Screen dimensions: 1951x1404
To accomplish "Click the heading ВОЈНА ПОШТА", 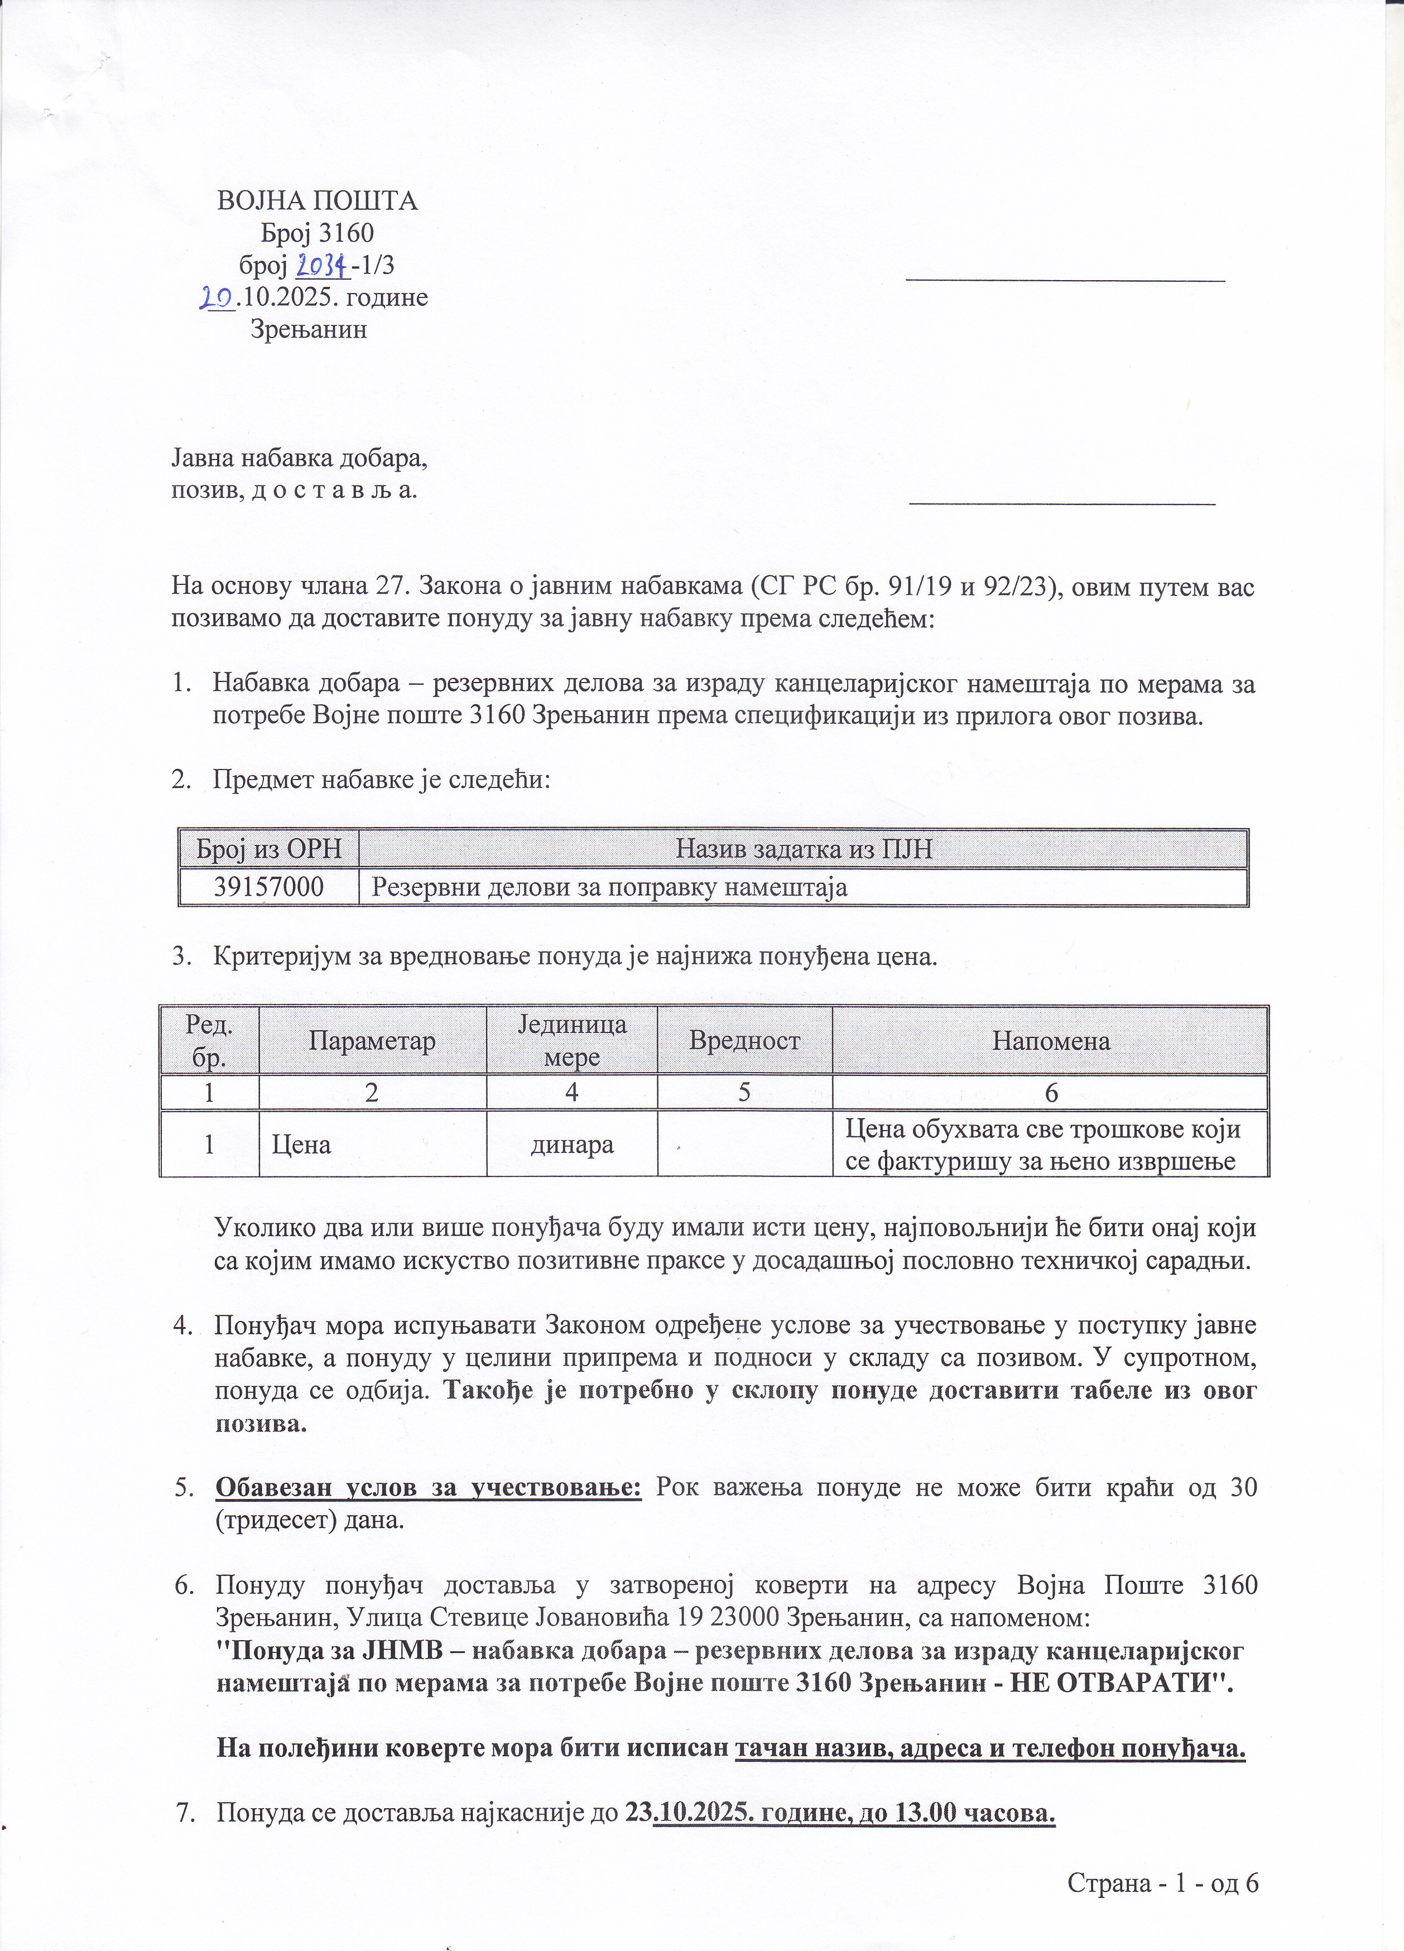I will pyautogui.click(x=316, y=201).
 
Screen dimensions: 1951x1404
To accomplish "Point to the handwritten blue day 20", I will pyautogui.click(x=216, y=297).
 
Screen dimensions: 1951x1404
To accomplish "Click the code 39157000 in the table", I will pyautogui.click(x=268, y=887).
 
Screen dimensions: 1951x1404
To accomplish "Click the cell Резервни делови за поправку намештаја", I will pyautogui.click(x=609, y=887).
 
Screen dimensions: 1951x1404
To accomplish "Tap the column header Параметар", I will pyautogui.click(x=373, y=1041).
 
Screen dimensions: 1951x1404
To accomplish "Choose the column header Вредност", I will pyautogui.click(x=744, y=1041).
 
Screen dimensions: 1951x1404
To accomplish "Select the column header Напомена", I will pyautogui.click(x=1050, y=1041).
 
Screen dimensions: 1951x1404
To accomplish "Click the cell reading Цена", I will pyautogui.click(x=301, y=1144).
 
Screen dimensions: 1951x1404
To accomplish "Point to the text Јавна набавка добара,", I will pyautogui.click(x=299, y=459).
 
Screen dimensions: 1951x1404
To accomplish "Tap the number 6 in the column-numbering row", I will pyautogui.click(x=1050, y=1093).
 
